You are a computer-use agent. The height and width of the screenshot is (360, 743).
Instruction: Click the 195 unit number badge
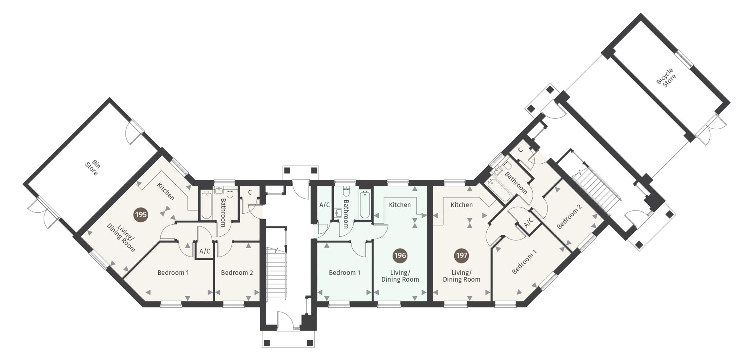141,214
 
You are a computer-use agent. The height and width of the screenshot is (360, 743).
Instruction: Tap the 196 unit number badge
400,255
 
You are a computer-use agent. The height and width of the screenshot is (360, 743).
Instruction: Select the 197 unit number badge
461,255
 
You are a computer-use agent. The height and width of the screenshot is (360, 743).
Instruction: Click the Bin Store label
92,168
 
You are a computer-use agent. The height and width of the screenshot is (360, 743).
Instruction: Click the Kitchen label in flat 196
400,205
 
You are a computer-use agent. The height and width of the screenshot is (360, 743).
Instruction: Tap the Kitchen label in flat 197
461,205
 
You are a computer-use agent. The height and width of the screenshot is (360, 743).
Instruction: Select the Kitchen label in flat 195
165,191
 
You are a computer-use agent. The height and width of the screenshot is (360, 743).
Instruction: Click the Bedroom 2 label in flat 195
237,273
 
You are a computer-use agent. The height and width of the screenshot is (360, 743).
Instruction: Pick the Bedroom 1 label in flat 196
345,273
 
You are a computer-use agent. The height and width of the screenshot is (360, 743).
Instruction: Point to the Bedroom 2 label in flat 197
569,216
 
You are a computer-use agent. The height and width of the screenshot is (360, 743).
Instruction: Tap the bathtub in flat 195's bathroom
206,206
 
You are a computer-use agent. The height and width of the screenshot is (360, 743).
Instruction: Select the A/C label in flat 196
324,205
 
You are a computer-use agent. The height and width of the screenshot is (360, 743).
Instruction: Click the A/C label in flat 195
205,251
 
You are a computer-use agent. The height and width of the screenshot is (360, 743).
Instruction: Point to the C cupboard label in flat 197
520,150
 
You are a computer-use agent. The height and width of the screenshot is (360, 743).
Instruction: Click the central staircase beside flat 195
277,272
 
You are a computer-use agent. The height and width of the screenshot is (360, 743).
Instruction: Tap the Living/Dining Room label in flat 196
400,276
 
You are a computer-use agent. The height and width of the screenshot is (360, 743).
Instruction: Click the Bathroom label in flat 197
516,183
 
